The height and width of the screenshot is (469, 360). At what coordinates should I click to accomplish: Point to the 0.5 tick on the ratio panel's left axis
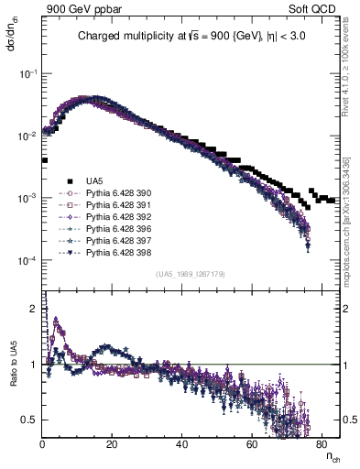click(33, 420)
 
